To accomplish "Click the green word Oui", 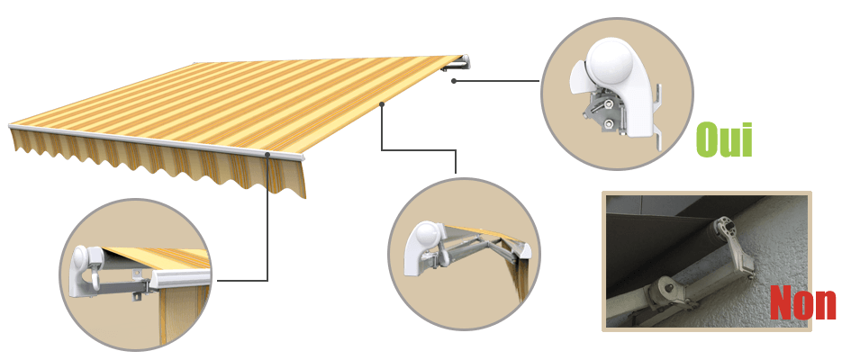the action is click(x=724, y=139).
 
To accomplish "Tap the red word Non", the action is click(x=802, y=302).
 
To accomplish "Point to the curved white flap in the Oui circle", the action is click(x=578, y=76).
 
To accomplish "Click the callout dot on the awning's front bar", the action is click(x=267, y=155).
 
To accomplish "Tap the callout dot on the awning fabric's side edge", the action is click(x=382, y=104).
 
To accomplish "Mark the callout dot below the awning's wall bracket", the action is click(x=454, y=81).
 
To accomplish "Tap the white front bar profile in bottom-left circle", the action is click(x=180, y=281).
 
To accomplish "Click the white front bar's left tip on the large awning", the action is click(x=10, y=127).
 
